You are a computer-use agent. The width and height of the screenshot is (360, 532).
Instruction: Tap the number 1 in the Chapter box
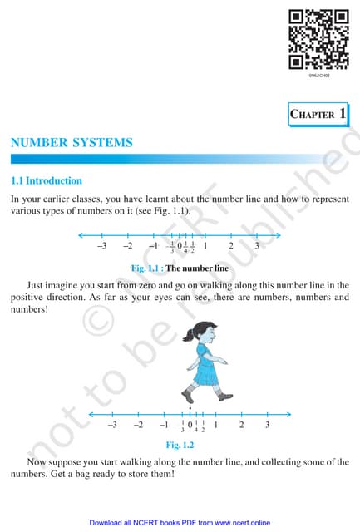tap(343, 114)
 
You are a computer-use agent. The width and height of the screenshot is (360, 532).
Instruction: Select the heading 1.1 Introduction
tap(46, 180)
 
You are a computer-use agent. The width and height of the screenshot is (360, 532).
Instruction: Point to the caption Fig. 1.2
tap(180, 446)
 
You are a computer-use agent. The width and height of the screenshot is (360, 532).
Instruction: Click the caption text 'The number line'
tap(196, 268)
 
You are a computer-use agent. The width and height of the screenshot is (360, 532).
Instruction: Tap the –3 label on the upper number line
tap(101, 246)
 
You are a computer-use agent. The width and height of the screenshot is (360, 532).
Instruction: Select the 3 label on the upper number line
tap(257, 246)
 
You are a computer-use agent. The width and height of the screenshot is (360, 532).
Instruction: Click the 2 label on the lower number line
tap(241, 425)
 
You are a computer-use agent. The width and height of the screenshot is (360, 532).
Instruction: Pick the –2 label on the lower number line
tap(138, 425)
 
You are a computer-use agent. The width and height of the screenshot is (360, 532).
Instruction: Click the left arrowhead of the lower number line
tap(90, 413)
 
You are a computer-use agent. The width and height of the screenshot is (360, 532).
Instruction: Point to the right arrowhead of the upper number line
tap(278, 234)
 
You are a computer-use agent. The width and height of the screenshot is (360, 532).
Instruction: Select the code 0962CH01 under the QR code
tap(318, 76)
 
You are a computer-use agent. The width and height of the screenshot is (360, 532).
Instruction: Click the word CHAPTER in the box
tap(312, 115)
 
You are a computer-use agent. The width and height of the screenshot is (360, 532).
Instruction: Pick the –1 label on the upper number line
tap(152, 246)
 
